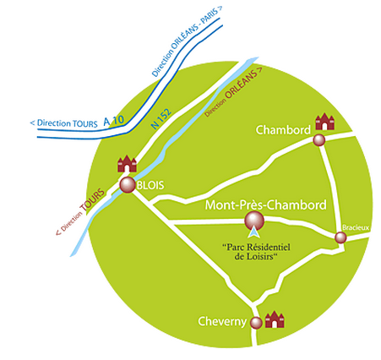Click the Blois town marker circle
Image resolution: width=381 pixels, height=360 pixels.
coord(128,185)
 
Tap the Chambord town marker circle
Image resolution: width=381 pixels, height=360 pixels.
coord(319,139)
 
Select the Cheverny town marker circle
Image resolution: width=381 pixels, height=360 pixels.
coord(256,323)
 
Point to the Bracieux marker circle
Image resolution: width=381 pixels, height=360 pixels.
coord(340,237)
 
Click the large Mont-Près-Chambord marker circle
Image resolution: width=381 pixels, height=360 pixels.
coord(254,221)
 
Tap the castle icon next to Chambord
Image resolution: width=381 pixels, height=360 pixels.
coord(324,122)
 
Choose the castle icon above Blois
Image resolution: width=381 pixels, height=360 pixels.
coord(127,163)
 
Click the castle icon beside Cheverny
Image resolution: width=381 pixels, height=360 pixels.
coord(275,319)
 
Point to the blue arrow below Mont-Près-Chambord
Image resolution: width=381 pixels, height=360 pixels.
coord(254,232)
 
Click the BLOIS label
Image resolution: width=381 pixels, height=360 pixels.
coord(150,185)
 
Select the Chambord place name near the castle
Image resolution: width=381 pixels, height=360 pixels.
coord(283,130)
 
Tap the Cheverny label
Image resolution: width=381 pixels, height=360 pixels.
coord(222,321)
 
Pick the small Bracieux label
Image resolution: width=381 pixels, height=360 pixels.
coord(356,227)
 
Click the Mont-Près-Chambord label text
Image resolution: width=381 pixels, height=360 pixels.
coord(266,205)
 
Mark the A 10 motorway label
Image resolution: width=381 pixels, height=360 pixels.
coord(113,121)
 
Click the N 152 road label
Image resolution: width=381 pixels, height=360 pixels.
coord(161,119)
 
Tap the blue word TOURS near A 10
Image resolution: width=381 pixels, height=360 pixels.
coord(85,124)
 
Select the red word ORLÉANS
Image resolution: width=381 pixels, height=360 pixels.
coord(241,84)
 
